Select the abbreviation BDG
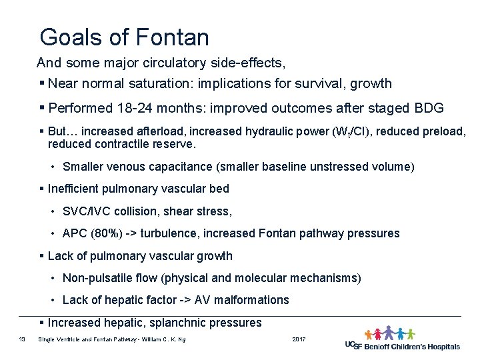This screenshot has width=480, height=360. [x=429, y=109]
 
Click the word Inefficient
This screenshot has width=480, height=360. [x=75, y=189]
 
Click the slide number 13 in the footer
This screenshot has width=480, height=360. [x=22, y=340]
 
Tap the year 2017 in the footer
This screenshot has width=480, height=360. [x=299, y=340]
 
